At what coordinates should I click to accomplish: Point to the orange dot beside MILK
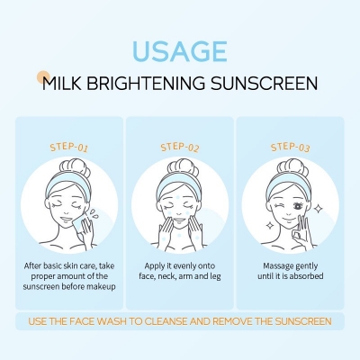(x=40, y=77)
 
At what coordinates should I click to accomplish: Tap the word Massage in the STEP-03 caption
(x=270, y=266)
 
